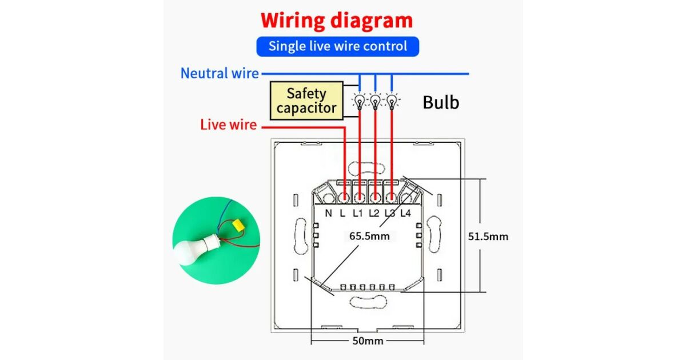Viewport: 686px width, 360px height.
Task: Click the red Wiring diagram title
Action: coord(337,21)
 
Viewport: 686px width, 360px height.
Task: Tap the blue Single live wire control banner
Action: coord(337,46)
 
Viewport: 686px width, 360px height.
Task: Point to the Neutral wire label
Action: coord(220,73)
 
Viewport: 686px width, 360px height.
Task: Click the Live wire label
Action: coord(228,125)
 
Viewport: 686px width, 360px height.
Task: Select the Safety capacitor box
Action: coord(306,101)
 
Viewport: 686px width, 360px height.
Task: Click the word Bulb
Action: coord(441,102)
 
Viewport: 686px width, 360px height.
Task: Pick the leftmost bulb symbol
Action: coord(359,102)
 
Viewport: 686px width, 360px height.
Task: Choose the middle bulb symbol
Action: coord(375,102)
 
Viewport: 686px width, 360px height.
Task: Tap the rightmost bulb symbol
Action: coord(391,102)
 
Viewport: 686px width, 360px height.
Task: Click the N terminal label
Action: coord(329,214)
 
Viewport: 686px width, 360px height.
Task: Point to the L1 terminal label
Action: coord(358,214)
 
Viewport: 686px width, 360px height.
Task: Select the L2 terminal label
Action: coord(374,214)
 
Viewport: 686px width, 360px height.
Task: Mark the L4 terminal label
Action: coord(405,214)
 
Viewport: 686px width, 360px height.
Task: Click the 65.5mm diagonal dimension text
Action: coord(370,236)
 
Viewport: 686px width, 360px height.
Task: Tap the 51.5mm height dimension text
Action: coord(488,236)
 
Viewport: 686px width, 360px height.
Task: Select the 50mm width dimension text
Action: coord(368,341)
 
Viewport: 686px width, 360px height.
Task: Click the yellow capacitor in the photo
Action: coord(236,226)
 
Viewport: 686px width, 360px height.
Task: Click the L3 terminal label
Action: coord(390,214)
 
